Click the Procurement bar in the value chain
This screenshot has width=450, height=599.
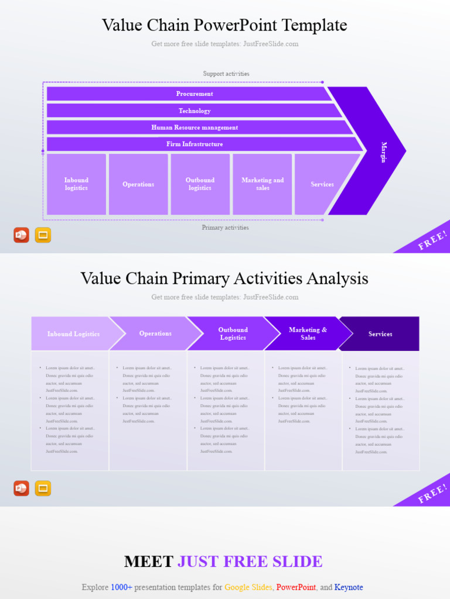(195, 94)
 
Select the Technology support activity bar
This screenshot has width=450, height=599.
(195, 111)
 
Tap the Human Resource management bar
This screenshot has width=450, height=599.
(195, 128)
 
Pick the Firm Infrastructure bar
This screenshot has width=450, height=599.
(195, 144)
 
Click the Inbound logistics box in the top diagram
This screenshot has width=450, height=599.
(76, 184)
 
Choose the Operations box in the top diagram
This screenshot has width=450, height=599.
(138, 184)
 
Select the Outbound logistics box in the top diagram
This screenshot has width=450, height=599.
(200, 184)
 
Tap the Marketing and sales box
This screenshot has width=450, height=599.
(262, 184)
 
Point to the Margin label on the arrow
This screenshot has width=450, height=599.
(384, 152)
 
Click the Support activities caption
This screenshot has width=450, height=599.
(226, 74)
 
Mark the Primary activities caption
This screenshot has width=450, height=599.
(225, 228)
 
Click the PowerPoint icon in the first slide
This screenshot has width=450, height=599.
(21, 235)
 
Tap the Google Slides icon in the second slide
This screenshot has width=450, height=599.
(43, 488)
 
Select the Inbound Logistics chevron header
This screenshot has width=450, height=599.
(73, 334)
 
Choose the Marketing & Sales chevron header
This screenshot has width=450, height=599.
(308, 333)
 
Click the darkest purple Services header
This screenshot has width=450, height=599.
(380, 334)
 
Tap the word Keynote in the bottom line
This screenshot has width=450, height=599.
(349, 587)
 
